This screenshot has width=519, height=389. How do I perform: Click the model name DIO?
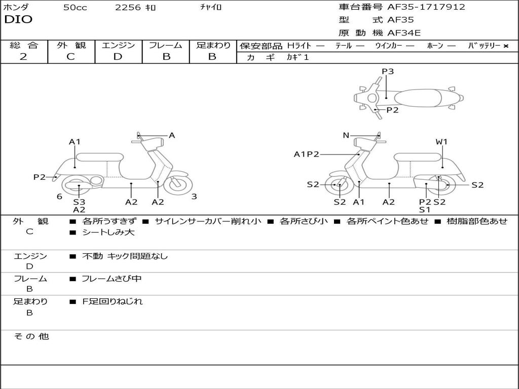[18, 20]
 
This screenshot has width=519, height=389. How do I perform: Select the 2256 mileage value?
[128, 8]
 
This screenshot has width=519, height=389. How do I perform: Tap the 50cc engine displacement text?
[75, 8]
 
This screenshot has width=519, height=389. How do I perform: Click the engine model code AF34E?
[404, 33]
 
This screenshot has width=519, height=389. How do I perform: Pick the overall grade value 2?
[23, 57]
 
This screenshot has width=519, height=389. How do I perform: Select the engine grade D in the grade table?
[118, 57]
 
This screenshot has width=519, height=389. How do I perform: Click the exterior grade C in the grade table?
[70, 57]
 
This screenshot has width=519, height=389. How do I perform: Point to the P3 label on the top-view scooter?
[388, 71]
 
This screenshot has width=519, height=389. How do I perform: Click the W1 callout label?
[442, 142]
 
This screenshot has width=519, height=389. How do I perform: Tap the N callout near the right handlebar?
[346, 135]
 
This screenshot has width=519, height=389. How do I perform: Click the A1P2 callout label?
[306, 154]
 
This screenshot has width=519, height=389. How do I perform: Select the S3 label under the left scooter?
[79, 202]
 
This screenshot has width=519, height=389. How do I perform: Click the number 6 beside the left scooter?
[59, 197]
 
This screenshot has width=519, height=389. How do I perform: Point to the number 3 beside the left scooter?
[194, 197]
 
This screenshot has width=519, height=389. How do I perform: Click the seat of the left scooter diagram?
[99, 157]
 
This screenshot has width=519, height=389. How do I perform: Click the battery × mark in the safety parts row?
[505, 46]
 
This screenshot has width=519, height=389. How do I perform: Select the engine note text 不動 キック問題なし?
[125, 256]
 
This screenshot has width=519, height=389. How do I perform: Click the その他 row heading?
[31, 336]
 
